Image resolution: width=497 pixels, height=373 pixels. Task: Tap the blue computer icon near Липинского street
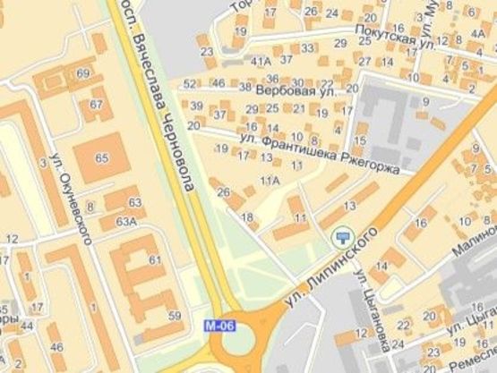(341, 237)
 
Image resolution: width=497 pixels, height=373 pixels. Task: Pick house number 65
(101, 158)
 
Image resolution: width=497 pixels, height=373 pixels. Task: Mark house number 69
(84, 72)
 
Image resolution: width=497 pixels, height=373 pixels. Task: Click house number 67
(97, 105)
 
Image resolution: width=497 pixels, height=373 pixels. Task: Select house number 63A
(125, 219)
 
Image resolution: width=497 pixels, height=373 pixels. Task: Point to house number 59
(174, 316)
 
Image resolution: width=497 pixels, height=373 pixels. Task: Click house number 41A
(261, 61)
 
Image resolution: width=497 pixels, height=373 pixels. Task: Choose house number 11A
(270, 182)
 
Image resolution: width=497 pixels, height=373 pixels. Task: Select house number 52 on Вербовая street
(190, 84)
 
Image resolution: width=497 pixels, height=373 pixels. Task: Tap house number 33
(307, 47)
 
